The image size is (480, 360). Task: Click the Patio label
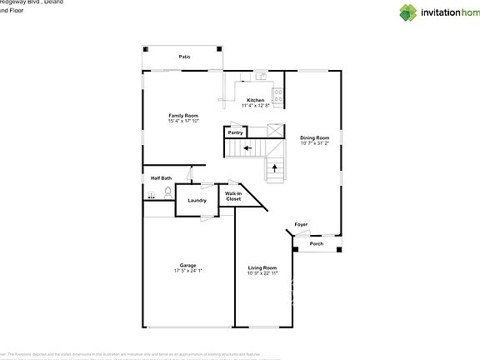(x=184, y=57)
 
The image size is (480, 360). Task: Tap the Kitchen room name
(x=255, y=100)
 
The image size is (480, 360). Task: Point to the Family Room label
(x=183, y=115)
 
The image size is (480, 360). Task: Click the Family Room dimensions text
(x=183, y=121)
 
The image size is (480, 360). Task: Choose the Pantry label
(x=235, y=132)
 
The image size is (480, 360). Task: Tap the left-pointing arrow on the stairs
(x=247, y=149)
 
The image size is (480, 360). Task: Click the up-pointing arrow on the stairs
(x=275, y=168)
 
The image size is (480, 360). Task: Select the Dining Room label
(x=315, y=137)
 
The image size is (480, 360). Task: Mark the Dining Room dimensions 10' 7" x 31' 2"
(x=315, y=143)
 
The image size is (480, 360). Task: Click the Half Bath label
(x=161, y=177)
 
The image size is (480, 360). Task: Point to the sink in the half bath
(x=151, y=195)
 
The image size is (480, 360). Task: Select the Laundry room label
(x=197, y=201)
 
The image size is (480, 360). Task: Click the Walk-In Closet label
(x=233, y=197)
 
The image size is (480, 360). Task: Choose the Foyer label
(x=301, y=224)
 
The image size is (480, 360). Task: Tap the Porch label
(x=316, y=244)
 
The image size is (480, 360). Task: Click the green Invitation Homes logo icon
(x=407, y=12)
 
